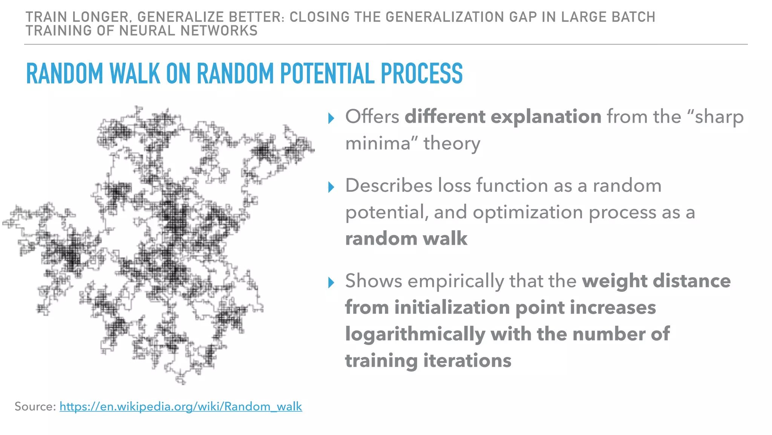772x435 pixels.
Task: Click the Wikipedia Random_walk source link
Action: tap(181, 406)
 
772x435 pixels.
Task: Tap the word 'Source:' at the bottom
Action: tap(35, 406)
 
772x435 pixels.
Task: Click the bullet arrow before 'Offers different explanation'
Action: tap(331, 118)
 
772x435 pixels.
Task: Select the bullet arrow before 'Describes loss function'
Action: tap(331, 187)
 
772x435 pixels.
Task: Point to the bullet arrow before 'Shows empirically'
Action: tap(331, 282)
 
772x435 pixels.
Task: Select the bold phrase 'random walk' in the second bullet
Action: tap(406, 239)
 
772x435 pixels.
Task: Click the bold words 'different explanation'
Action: tap(503, 116)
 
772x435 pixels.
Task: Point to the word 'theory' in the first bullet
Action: tap(452, 143)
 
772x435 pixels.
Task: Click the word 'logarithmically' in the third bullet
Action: tap(415, 334)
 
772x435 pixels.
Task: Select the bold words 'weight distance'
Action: tap(656, 281)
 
